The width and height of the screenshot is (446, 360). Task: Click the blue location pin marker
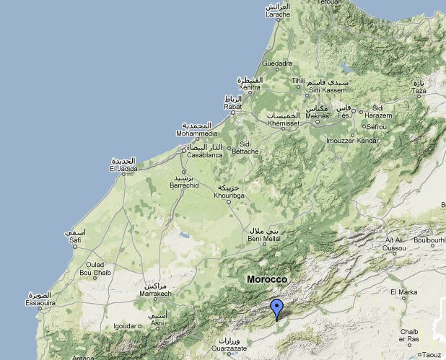(276, 309)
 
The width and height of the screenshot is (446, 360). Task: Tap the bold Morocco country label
(266, 279)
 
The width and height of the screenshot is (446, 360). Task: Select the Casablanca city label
(205, 154)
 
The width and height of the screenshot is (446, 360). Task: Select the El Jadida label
(123, 169)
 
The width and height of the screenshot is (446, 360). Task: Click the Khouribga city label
(231, 195)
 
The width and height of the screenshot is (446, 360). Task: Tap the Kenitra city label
(250, 87)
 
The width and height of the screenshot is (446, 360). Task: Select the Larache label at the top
(277, 14)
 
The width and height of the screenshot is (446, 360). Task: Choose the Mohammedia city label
(198, 133)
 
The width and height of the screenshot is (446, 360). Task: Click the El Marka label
(403, 292)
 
